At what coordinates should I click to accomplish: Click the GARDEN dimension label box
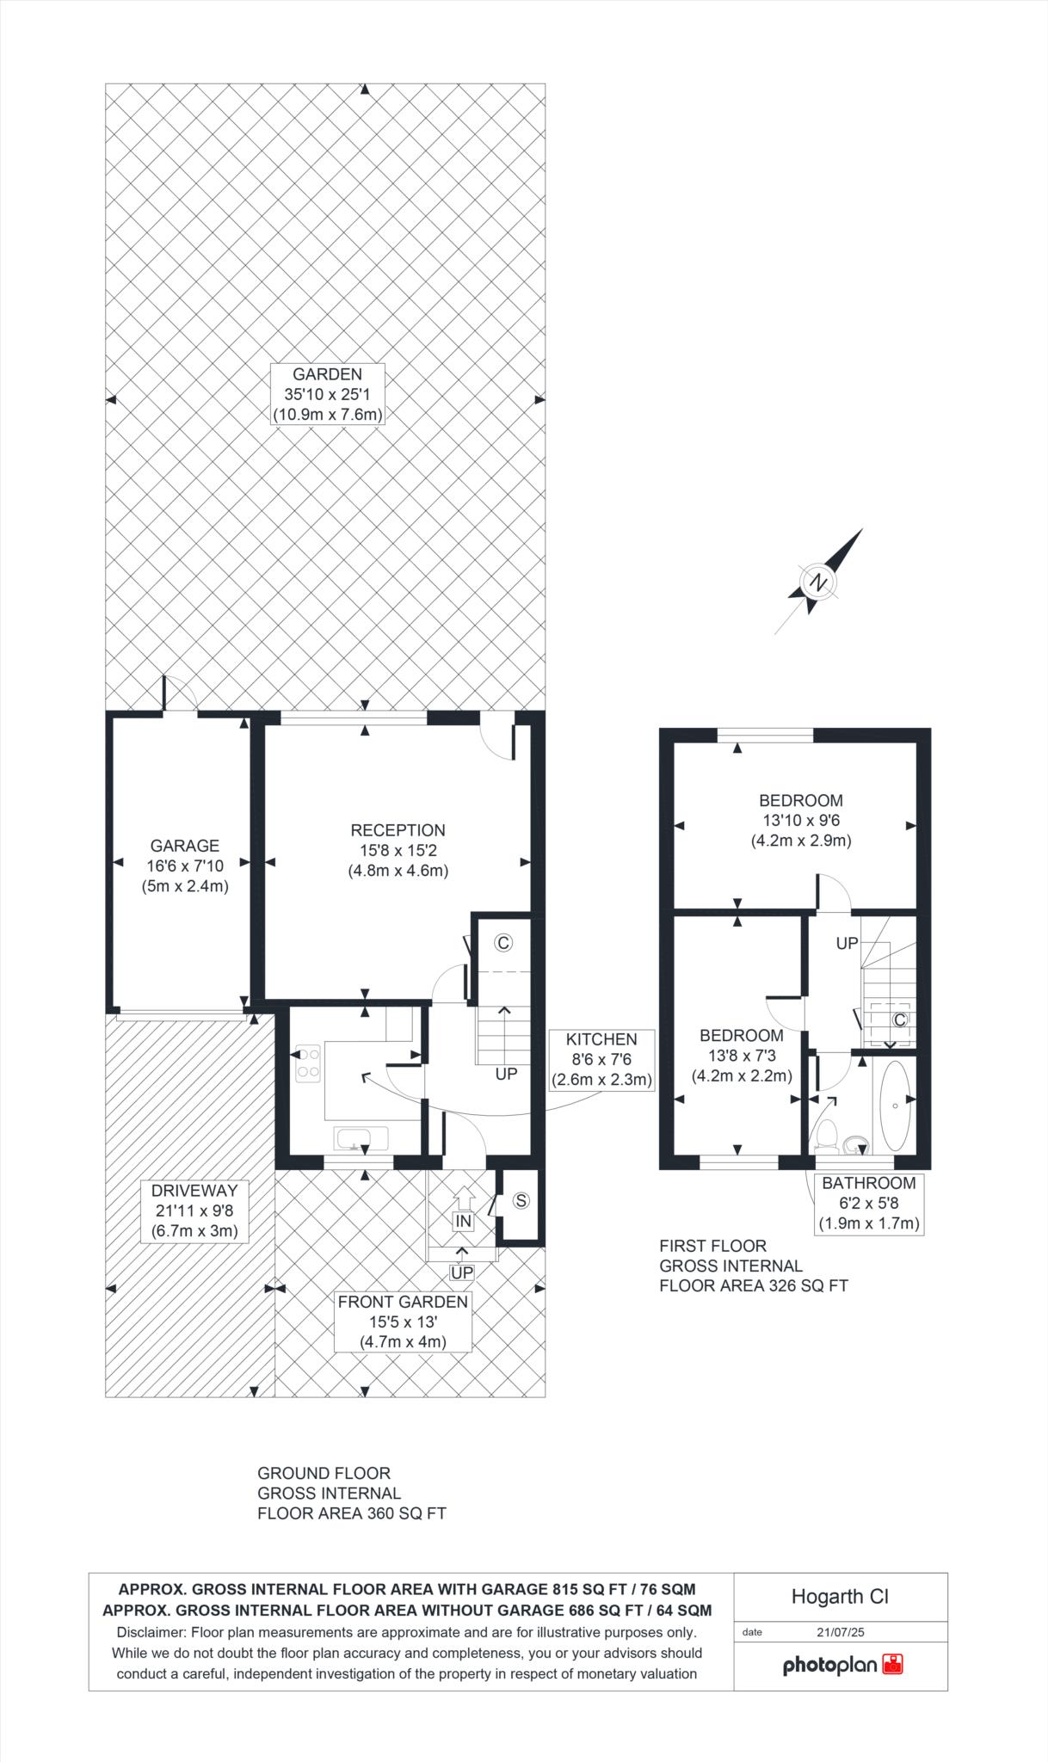(x=327, y=394)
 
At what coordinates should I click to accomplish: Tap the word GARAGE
(x=185, y=846)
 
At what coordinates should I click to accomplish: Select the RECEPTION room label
(x=398, y=830)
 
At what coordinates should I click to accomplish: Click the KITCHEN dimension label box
(x=601, y=1060)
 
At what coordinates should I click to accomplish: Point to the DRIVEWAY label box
(x=194, y=1211)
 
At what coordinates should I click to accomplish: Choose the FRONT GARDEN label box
(x=403, y=1321)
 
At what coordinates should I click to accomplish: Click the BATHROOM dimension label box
(x=869, y=1204)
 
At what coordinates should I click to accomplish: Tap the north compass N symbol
(x=818, y=582)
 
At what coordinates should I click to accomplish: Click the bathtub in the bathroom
(x=896, y=1106)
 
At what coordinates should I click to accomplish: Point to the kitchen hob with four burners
(x=308, y=1063)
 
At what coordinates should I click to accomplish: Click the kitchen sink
(x=353, y=1139)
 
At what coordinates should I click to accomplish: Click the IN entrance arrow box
(x=463, y=1221)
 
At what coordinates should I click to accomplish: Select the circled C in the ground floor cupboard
(x=503, y=943)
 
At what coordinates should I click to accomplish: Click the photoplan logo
(x=842, y=1665)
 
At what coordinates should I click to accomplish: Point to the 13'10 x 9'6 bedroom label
(x=801, y=821)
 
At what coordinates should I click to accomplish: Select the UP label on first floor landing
(x=848, y=943)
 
